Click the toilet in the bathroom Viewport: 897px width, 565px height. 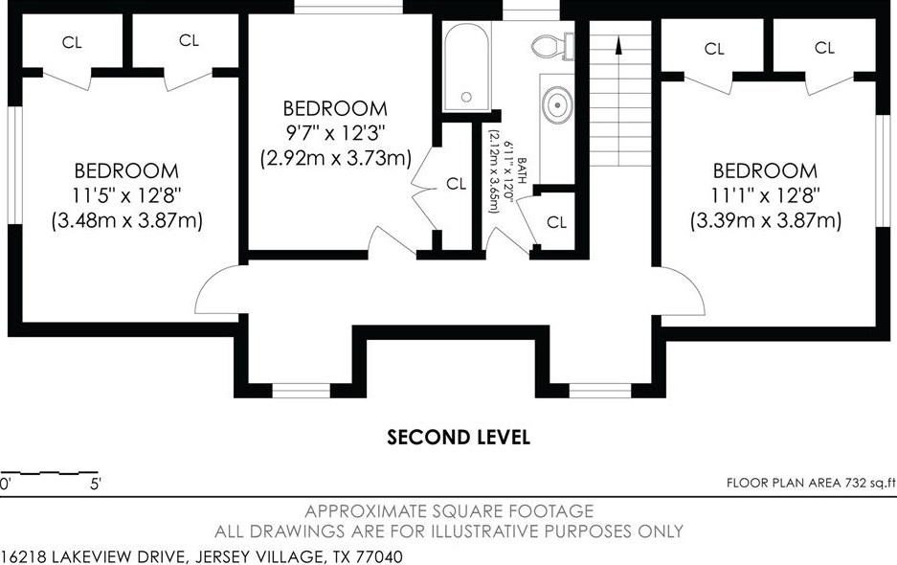pyautogui.click(x=552, y=46)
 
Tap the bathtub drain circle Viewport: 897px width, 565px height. pyautogui.click(x=466, y=98)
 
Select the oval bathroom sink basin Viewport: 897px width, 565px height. pyautogui.click(x=557, y=104)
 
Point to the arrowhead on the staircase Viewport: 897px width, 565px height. pyautogui.click(x=618, y=46)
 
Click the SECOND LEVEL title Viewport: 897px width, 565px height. pyautogui.click(x=459, y=438)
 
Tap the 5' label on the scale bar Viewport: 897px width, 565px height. pyautogui.click(x=96, y=485)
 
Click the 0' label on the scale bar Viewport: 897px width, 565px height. pyautogui.click(x=5, y=485)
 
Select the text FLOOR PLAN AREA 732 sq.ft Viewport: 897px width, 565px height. pyautogui.click(x=811, y=483)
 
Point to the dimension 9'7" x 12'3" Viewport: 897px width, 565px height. pyautogui.click(x=335, y=133)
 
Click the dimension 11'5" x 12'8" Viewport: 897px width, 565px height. pyautogui.click(x=126, y=195)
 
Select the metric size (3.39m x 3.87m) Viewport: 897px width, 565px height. pyautogui.click(x=766, y=220)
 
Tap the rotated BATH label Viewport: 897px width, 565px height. pyautogui.click(x=522, y=170)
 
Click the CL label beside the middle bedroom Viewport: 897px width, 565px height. pyautogui.click(x=456, y=184)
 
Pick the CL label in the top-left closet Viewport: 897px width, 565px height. pyautogui.click(x=72, y=42)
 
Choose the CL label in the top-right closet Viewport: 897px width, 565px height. pyautogui.click(x=824, y=48)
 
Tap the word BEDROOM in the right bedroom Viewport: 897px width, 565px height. pyautogui.click(x=765, y=170)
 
